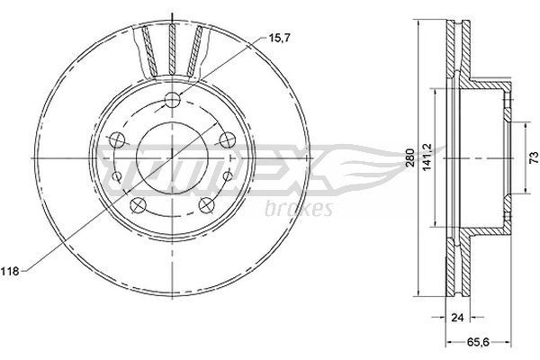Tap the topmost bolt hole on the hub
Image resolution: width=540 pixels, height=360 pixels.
(x=172, y=101)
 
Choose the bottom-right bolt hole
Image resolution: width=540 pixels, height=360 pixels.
(x=206, y=203)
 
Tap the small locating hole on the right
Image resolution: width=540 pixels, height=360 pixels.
(x=229, y=174)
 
